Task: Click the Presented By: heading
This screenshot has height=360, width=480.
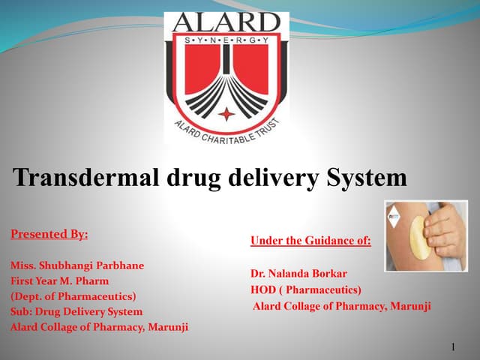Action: (x=49, y=234)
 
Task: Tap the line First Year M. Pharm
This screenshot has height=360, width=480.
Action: (x=59, y=280)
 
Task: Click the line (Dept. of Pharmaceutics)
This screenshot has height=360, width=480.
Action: (x=73, y=295)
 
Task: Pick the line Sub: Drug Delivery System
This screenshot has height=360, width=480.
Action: (x=76, y=310)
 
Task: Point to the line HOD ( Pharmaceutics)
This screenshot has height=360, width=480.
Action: (x=306, y=289)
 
